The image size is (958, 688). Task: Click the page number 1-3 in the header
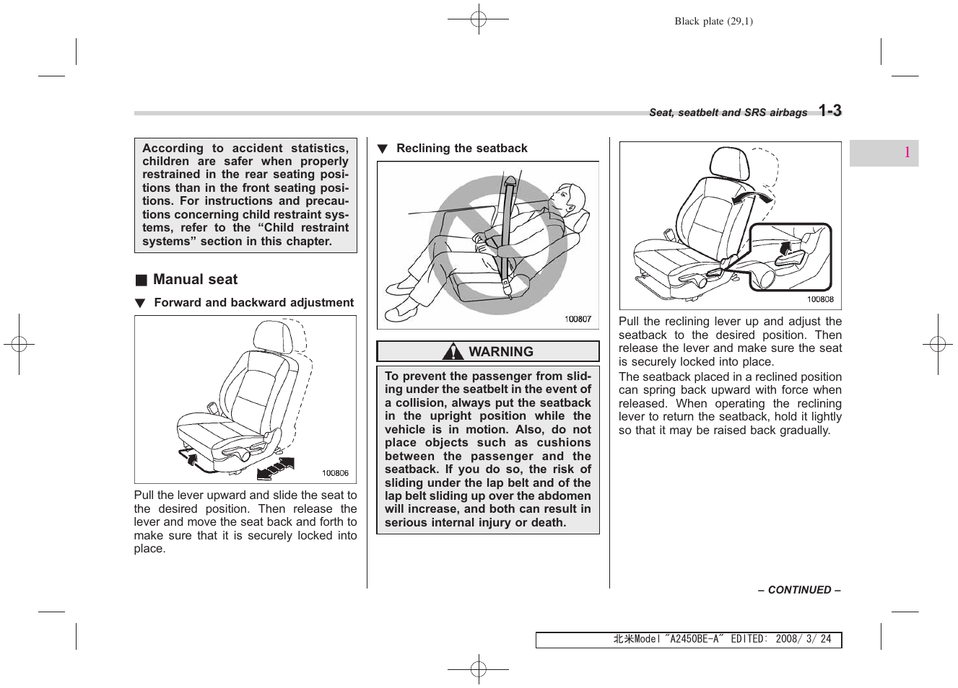click(x=829, y=110)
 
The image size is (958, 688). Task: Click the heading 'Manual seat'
click(x=195, y=280)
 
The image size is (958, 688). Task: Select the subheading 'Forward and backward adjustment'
click(x=253, y=303)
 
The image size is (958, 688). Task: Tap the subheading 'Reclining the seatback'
click(x=461, y=149)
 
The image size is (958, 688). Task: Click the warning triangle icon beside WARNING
click(x=453, y=352)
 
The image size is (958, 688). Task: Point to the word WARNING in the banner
click(x=501, y=352)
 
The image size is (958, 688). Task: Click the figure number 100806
click(x=335, y=473)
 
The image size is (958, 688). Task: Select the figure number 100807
click(x=578, y=319)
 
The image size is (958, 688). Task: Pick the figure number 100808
click(x=820, y=299)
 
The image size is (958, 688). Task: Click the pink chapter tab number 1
click(x=907, y=153)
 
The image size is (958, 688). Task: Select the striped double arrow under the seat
click(x=276, y=467)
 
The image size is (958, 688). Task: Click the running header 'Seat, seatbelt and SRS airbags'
click(x=728, y=113)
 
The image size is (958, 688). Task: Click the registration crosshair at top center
click(x=478, y=20)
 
